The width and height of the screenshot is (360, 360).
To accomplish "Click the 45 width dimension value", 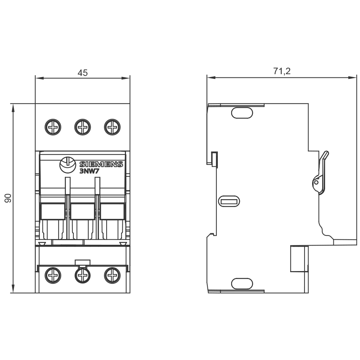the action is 83,73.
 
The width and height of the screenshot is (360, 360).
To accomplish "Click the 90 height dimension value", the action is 8,198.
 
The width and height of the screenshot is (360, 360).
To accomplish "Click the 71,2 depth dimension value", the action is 282,71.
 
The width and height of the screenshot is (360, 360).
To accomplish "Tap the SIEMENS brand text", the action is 101,164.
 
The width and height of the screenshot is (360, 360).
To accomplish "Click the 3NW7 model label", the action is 89,171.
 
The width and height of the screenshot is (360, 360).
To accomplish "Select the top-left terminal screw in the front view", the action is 53,127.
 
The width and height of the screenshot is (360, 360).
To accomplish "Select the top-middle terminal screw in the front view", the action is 83,127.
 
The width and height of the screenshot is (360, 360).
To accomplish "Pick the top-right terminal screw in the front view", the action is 112,127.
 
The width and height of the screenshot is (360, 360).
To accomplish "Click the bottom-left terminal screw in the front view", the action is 53,275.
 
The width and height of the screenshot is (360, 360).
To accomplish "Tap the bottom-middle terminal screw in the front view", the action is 83,275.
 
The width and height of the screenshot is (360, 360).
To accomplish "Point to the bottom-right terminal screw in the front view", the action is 112,275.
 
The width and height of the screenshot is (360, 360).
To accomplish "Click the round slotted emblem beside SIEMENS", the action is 68,165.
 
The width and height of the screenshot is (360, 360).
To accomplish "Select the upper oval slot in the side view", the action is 242,113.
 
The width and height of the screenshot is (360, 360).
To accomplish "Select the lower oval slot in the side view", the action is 242,284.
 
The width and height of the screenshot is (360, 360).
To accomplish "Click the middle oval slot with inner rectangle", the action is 229,201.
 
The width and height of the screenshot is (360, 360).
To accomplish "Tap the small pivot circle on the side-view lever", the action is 316,183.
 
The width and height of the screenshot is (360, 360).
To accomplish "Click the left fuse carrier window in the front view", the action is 53,211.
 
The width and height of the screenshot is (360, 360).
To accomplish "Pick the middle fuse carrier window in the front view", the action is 82,211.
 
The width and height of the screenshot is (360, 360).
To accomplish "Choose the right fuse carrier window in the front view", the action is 112,211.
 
